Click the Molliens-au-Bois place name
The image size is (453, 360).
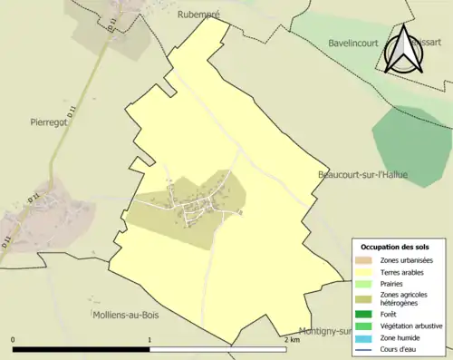pos(101,315)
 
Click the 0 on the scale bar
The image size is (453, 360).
pos(14,340)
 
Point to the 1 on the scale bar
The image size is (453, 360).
pos(149,340)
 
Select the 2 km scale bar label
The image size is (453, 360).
pos(292,340)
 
